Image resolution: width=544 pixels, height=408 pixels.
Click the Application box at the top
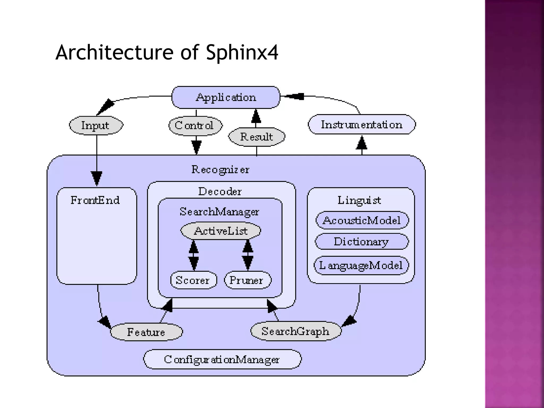[x=226, y=97]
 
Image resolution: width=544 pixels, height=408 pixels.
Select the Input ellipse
[x=96, y=125]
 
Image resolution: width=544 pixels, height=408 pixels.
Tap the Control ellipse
[x=195, y=125]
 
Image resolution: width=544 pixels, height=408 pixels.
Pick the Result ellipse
[x=256, y=137]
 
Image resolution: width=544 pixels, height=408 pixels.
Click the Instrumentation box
[x=362, y=125]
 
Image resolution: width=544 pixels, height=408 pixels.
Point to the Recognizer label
[x=220, y=169]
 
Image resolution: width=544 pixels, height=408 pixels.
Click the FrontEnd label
[x=95, y=200]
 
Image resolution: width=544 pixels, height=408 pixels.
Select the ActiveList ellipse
[x=220, y=231]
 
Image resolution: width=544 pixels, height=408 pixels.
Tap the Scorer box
[x=193, y=280]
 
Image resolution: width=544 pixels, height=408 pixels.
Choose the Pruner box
[x=247, y=280]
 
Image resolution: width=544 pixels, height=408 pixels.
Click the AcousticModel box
[x=362, y=220]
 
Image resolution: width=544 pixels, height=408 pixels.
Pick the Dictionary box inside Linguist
[x=361, y=241]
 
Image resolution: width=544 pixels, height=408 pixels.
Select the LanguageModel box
[x=361, y=265]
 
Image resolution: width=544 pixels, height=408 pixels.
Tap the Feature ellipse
[x=146, y=332]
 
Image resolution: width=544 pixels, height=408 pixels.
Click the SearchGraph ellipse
[x=296, y=331]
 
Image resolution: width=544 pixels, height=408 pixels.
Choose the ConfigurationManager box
[x=222, y=359]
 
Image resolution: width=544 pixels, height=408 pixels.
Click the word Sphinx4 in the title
[x=242, y=52]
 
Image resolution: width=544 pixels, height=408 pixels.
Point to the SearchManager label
[x=219, y=212]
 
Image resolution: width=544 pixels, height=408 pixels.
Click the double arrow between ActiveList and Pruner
[x=248, y=255]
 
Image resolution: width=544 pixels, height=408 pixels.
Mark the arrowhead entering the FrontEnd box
[x=96, y=178]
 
